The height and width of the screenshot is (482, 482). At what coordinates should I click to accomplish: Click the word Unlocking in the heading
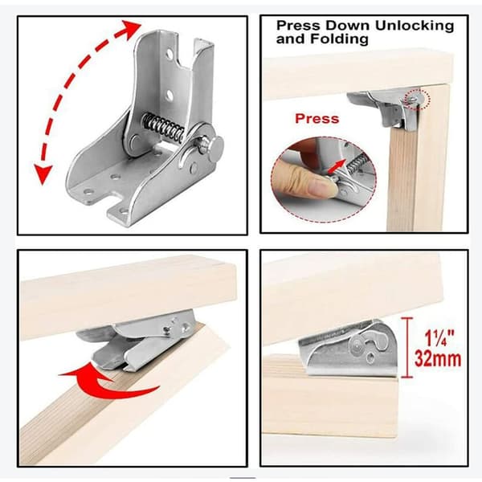[415, 26]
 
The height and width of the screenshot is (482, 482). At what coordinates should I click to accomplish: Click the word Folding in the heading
[339, 39]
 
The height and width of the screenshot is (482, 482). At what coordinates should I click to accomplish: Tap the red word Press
[317, 119]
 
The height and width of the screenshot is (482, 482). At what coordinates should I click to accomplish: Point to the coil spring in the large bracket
[164, 127]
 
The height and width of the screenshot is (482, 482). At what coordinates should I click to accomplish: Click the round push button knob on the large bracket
[215, 149]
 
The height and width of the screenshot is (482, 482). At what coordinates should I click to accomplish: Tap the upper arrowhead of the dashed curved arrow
[132, 27]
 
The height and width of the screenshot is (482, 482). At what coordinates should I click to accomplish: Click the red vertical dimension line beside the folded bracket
[407, 347]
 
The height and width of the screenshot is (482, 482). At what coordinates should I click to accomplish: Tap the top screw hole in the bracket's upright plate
[169, 55]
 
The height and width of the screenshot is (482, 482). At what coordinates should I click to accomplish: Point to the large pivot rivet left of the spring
[134, 141]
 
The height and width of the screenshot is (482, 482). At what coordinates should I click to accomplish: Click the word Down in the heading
[347, 26]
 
